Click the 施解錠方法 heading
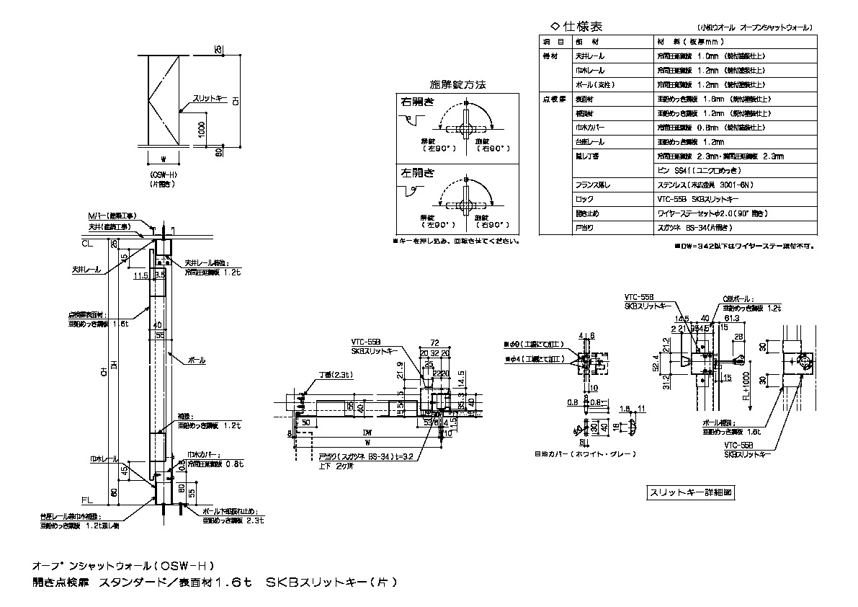[x=458, y=84]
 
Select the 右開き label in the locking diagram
[x=418, y=102]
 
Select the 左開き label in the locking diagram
[x=418, y=173]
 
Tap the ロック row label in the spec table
[x=584, y=198]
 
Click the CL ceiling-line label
[x=86, y=245]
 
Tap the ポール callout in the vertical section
[x=196, y=359]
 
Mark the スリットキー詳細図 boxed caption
[x=691, y=493]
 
